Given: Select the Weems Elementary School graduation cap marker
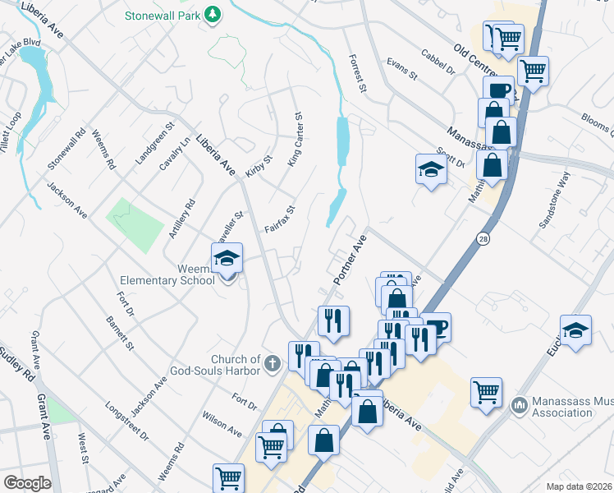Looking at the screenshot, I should coord(227,260).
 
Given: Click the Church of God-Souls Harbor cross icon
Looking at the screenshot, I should coord(273,362).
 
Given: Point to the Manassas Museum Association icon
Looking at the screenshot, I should coord(518,404).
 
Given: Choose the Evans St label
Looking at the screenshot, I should coord(402,68).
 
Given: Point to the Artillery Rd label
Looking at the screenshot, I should coord(182,219).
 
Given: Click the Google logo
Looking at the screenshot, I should coord(27,483).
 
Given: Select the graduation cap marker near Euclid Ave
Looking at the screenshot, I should coord(576,331).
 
